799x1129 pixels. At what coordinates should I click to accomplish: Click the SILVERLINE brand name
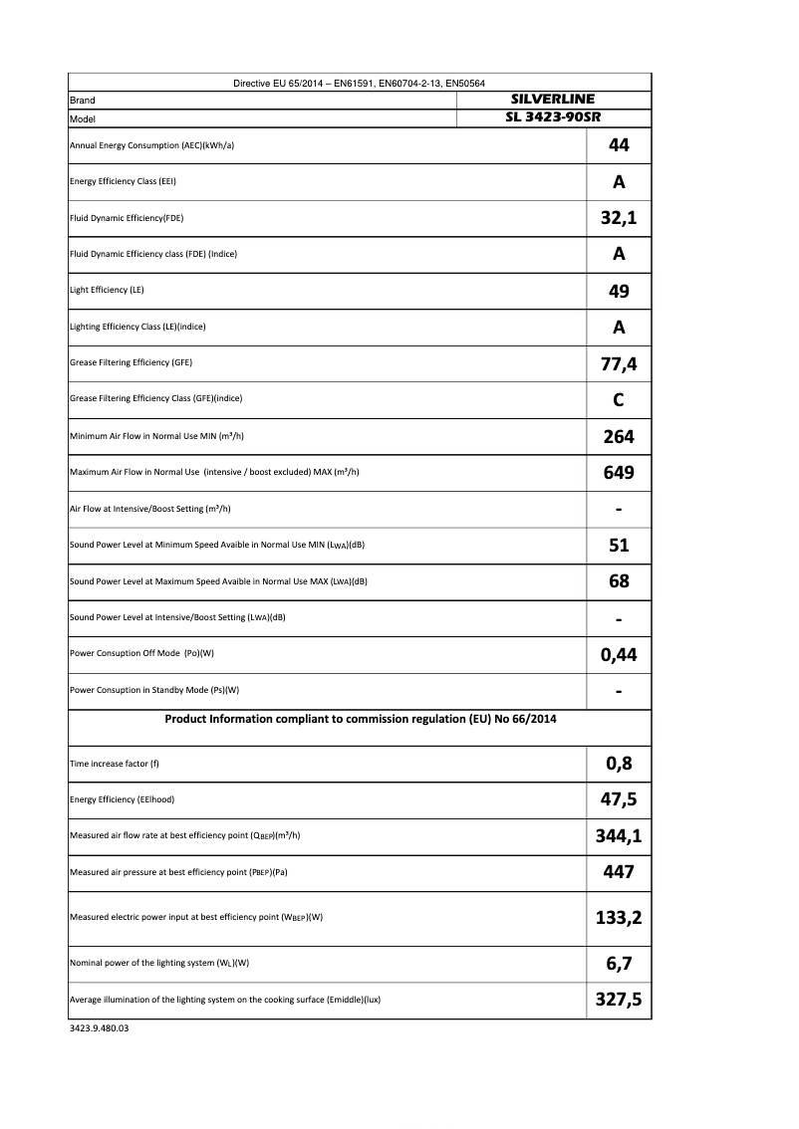coord(552,101)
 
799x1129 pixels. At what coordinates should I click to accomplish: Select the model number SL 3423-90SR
coord(552,117)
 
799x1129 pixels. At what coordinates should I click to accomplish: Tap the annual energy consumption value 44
coord(619,145)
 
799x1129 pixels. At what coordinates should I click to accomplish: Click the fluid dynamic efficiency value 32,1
coord(619,218)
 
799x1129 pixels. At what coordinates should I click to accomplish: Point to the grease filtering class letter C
coord(619,399)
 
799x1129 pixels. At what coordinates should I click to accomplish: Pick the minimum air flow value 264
coord(619,436)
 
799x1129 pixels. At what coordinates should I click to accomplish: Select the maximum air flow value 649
coord(619,472)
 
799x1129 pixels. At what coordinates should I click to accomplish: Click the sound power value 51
coord(619,545)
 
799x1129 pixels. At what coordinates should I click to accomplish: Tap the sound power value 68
coord(619,581)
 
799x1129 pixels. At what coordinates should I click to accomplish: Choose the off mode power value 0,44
coord(619,654)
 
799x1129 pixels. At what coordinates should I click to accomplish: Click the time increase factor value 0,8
coord(619,764)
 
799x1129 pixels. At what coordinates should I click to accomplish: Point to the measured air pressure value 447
coord(619,872)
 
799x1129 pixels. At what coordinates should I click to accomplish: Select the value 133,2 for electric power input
coord(619,917)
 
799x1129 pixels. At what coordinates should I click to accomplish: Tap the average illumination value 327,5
coord(619,1000)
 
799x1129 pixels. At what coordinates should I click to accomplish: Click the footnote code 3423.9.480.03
coord(100,1028)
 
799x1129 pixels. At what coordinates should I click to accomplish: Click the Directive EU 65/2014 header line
coord(359,83)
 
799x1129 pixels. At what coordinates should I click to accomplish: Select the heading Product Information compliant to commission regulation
coord(361,718)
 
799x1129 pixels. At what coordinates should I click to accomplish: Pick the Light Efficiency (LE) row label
coord(99,290)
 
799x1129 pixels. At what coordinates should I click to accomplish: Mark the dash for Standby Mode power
coord(619,691)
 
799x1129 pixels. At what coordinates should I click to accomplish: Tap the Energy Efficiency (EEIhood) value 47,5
coord(619,799)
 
